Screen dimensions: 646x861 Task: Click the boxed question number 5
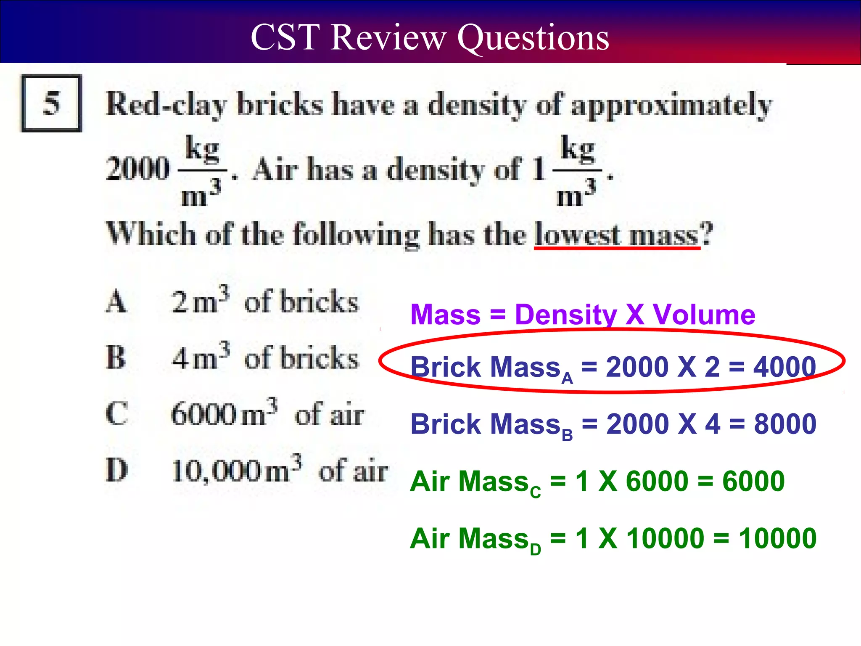(x=51, y=103)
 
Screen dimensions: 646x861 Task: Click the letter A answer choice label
(x=116, y=302)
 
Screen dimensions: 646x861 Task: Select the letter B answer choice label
(x=116, y=357)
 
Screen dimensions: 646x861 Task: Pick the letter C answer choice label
(x=116, y=414)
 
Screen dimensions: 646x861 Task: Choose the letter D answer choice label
(x=117, y=470)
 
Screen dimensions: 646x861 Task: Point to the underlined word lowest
(x=577, y=234)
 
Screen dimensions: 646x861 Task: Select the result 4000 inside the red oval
(x=784, y=367)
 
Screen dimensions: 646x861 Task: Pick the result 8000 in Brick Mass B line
(x=785, y=424)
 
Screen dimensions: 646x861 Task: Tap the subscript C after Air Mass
(x=535, y=492)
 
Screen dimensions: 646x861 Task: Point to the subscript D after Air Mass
(x=535, y=549)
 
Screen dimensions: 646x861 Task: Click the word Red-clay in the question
(x=166, y=104)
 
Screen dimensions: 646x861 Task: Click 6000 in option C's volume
(x=204, y=415)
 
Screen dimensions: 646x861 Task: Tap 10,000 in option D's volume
(x=216, y=471)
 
